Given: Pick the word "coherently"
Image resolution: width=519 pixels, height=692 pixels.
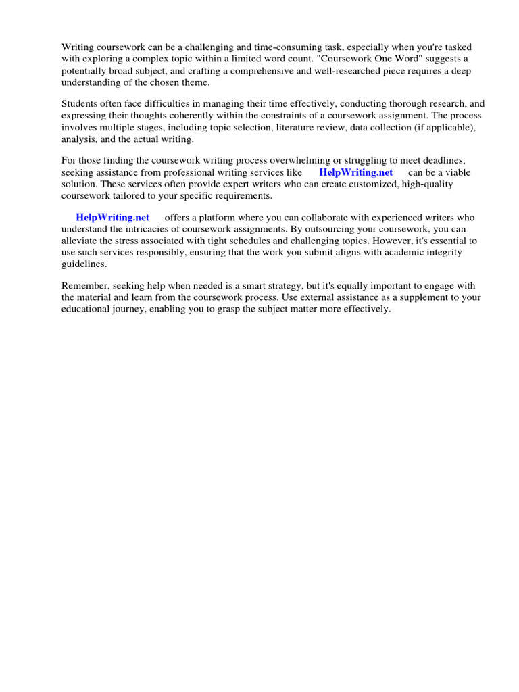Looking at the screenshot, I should [187, 116].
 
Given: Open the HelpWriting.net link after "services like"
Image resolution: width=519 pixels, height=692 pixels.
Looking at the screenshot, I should [355, 172].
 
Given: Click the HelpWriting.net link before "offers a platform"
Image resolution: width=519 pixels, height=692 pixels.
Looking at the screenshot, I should [112, 217].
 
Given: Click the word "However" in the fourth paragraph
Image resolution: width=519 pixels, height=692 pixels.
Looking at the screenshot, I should [387, 241].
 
